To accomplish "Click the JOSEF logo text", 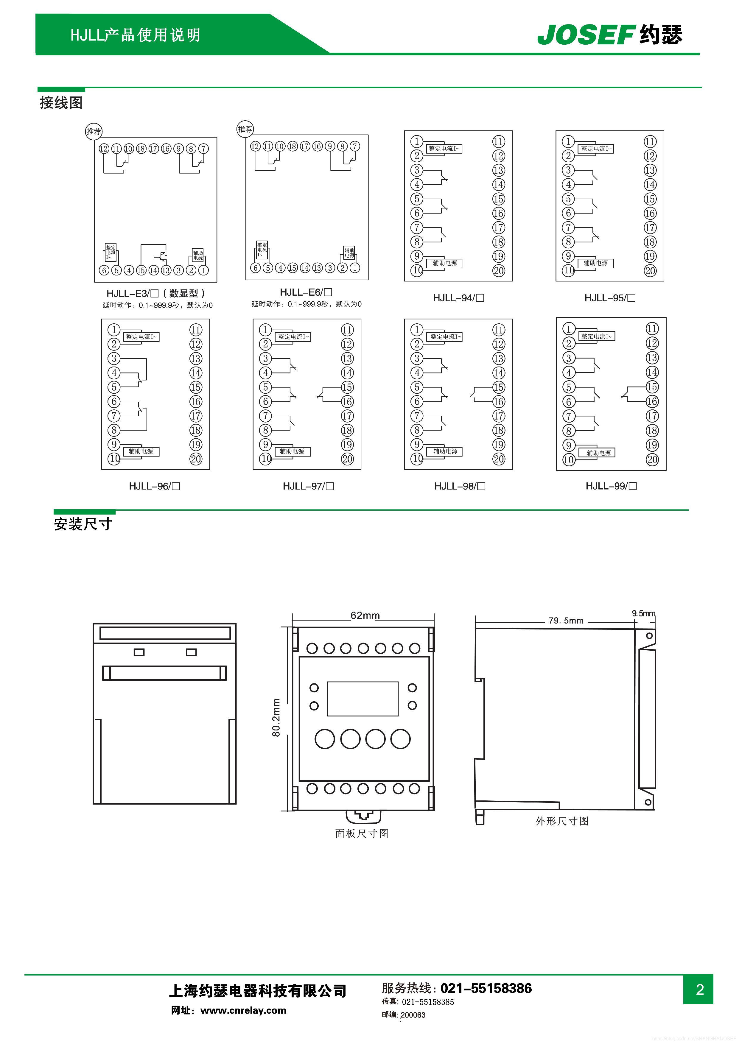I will click(x=586, y=35).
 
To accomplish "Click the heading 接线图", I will click(x=61, y=103).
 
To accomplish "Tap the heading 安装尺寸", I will click(x=83, y=524).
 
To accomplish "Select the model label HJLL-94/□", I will click(x=458, y=298).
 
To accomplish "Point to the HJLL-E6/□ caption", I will click(x=306, y=292).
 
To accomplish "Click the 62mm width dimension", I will click(x=365, y=616).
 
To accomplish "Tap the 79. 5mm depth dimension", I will click(x=566, y=621).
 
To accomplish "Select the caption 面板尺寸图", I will click(x=362, y=833).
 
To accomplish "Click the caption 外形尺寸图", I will click(x=562, y=821).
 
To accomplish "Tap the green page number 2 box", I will click(x=699, y=990).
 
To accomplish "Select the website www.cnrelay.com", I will click(x=243, y=1010).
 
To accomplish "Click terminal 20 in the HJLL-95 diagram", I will click(x=650, y=271).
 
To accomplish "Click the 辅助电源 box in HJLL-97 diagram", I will click(x=292, y=451).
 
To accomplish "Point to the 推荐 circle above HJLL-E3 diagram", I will click(x=94, y=131).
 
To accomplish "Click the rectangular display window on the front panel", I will click(x=363, y=699).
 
